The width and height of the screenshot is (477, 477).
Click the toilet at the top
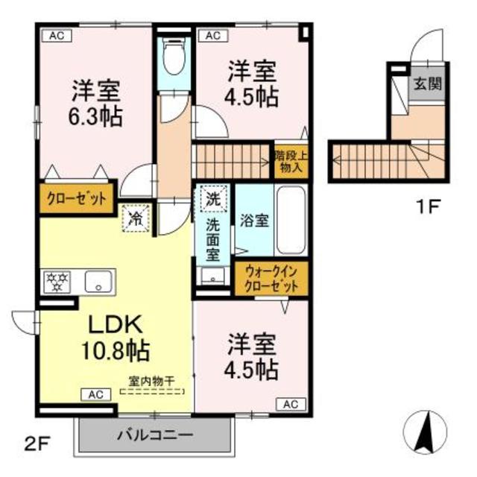tap(174, 60)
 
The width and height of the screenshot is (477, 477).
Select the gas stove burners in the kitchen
tap(58, 281)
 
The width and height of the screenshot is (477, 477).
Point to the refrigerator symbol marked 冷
tap(136, 218)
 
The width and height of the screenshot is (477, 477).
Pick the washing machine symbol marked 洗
tap(212, 199)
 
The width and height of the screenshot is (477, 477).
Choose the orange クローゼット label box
tap(77, 199)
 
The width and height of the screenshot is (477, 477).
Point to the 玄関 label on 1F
tap(428, 83)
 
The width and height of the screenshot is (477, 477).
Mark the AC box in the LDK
tap(97, 394)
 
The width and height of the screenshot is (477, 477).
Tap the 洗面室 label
tap(213, 236)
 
